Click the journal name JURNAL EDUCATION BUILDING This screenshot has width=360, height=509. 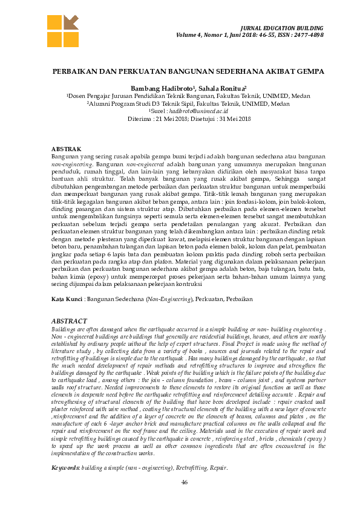tap(281, 28)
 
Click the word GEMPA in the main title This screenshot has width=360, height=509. tap(312, 71)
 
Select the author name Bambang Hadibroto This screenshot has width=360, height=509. tap(157, 88)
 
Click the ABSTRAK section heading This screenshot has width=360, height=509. tap(66, 149)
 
